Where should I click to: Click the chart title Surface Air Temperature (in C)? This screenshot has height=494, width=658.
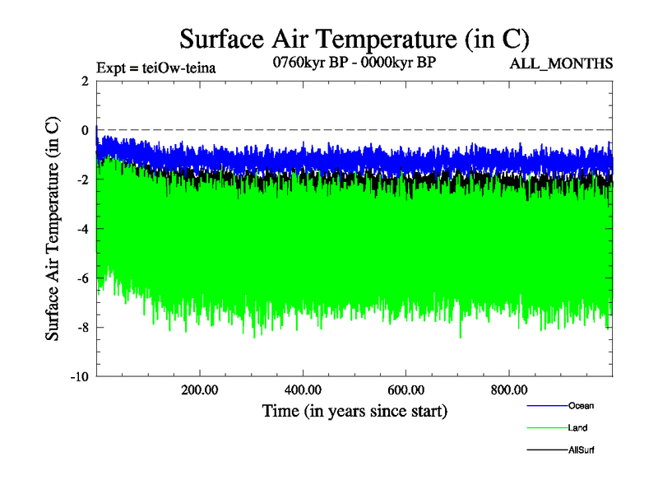tap(354, 39)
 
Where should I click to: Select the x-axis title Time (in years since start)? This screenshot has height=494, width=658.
tap(354, 409)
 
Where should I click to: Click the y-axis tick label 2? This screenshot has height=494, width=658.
tap(86, 81)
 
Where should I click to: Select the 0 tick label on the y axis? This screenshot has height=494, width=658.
tap(86, 130)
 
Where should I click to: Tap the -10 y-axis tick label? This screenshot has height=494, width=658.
tap(80, 377)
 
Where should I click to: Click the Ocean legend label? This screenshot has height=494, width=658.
tap(580, 405)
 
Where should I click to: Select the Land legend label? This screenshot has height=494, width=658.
tap(577, 428)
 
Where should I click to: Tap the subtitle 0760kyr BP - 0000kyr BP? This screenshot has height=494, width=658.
tap(354, 62)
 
